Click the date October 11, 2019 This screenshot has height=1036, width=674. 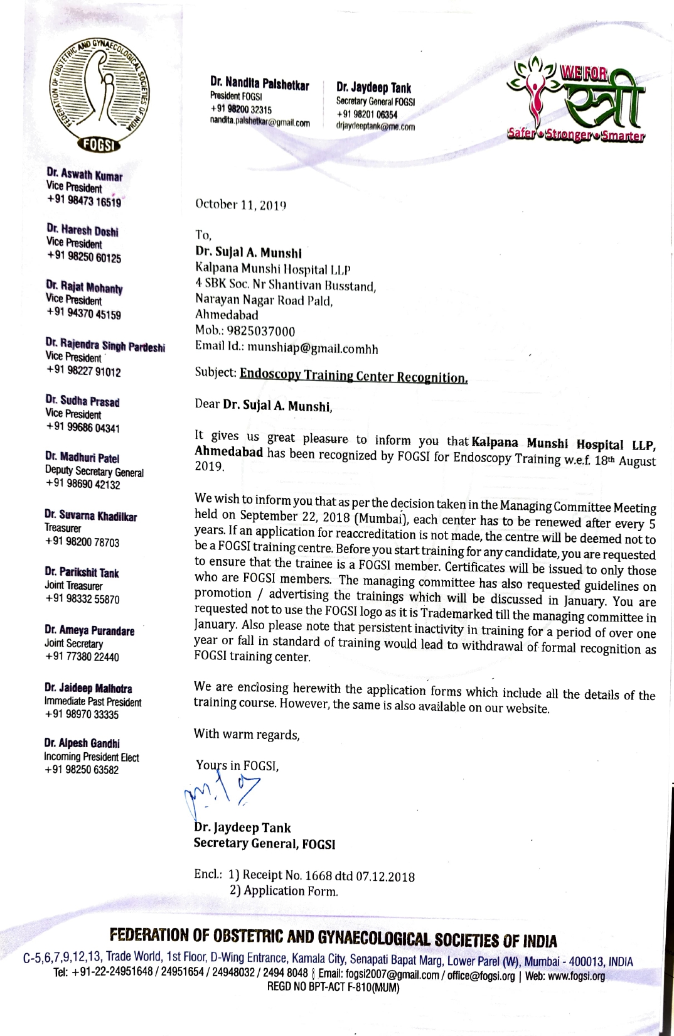[x=240, y=205]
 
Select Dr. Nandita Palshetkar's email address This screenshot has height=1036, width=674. [x=260, y=122]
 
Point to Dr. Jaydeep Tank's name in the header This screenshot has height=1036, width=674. [x=373, y=88]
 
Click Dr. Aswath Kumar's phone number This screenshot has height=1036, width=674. [x=83, y=201]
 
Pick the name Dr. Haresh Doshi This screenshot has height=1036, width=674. [x=82, y=230]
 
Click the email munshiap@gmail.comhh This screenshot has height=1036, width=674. [x=313, y=347]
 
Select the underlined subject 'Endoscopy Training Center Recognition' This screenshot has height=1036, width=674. [x=353, y=376]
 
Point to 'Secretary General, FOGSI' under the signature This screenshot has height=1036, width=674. [x=264, y=844]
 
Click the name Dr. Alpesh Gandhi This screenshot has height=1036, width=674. [x=82, y=743]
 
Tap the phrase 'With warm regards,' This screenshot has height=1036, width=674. [x=247, y=734]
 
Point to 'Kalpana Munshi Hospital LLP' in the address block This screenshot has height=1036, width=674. [x=272, y=270]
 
